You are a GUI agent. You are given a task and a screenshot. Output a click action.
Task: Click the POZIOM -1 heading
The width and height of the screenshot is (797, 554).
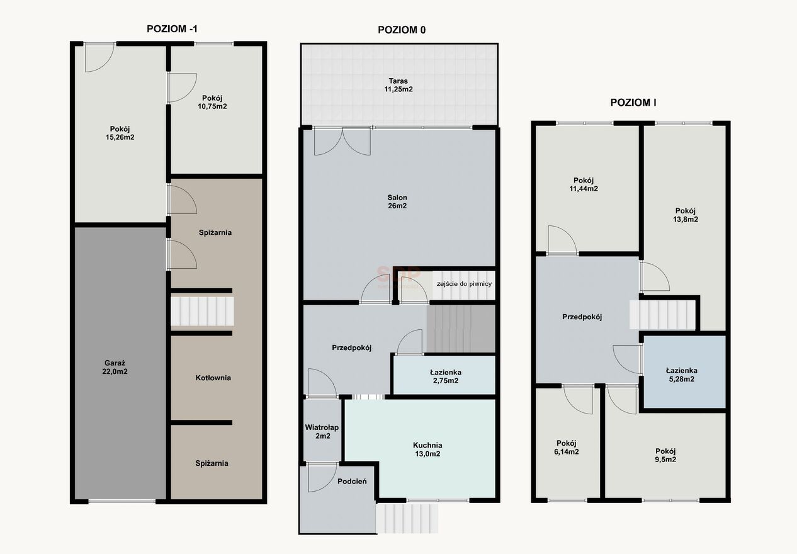coord(172,29)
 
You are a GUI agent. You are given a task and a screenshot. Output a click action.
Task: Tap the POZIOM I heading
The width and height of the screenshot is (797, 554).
coord(633,103)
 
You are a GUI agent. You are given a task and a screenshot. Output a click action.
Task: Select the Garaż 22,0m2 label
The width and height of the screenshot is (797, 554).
coord(115,367)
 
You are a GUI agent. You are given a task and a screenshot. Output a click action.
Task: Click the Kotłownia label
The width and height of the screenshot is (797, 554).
coord(213,378)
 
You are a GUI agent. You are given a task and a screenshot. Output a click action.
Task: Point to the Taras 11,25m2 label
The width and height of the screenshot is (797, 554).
coord(398,85)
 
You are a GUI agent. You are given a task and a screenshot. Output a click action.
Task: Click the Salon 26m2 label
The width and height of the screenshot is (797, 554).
coord(397,201)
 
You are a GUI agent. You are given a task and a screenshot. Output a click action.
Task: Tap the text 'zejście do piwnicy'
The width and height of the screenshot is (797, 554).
coord(464,283)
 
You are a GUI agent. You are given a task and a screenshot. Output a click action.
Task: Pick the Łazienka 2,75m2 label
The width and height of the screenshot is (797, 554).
coord(446,376)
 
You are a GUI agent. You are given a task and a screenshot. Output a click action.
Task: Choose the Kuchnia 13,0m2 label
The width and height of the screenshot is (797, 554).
coord(427,449)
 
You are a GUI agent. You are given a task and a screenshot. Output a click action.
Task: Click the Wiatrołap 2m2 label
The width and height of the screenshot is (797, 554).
coord(322,432)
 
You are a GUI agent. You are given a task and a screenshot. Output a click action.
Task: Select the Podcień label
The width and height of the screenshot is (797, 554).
coord(352,481)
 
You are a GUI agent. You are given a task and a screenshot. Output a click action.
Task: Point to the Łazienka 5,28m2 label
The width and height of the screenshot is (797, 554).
coord(681,375)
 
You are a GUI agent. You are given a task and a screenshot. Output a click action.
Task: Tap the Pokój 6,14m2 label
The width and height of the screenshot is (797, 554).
coord(566,447)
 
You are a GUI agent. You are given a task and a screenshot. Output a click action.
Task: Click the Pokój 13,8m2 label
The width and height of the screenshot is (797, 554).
coord(686,215)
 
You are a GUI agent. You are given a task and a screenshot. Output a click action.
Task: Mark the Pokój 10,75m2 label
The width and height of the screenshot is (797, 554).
coord(212,102)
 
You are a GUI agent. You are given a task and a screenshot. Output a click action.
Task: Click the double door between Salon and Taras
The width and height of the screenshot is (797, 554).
coord(342,141)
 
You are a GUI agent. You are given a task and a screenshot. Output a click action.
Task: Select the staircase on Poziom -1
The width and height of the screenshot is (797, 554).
coord(202,312)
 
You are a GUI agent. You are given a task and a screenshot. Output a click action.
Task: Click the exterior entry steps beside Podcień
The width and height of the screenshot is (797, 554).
coord(407,518)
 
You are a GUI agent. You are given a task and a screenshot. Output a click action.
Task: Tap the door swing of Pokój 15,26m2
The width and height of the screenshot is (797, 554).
coord(99,58)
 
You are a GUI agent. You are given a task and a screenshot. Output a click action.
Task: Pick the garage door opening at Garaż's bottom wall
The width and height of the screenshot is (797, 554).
coord(122,501)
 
